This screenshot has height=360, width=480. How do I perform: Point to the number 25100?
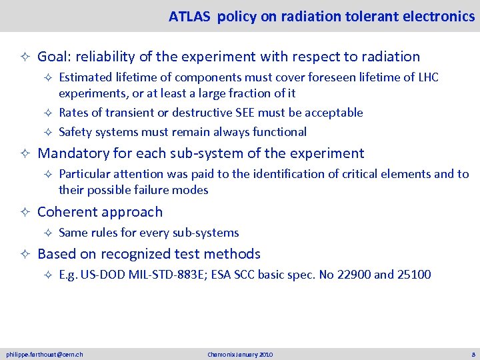pyautogui.click(x=412, y=274)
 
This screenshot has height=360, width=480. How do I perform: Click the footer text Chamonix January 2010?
pyautogui.click(x=240, y=354)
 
